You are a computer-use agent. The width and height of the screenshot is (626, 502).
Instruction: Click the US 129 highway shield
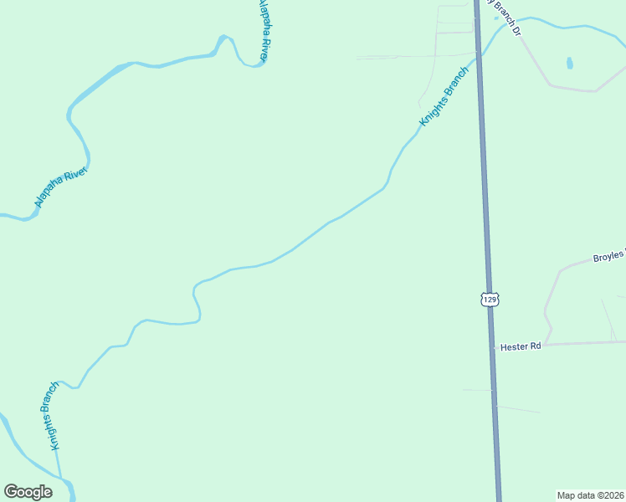(x=490, y=299)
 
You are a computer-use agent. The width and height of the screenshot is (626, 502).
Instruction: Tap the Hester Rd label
(x=520, y=346)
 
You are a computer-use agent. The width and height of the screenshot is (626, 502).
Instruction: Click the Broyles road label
(x=608, y=258)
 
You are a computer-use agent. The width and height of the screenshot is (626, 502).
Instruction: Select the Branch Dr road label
(x=507, y=18)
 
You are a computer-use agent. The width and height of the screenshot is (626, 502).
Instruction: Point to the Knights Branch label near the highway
(x=444, y=96)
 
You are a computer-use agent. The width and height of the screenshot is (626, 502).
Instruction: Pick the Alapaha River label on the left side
(x=61, y=185)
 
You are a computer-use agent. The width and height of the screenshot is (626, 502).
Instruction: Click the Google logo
(x=28, y=492)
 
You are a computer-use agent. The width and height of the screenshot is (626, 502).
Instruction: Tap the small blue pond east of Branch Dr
(x=570, y=63)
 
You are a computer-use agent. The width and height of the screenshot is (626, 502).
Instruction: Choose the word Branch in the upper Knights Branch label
(x=456, y=82)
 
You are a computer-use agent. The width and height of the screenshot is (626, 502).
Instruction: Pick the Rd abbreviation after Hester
(x=535, y=346)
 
